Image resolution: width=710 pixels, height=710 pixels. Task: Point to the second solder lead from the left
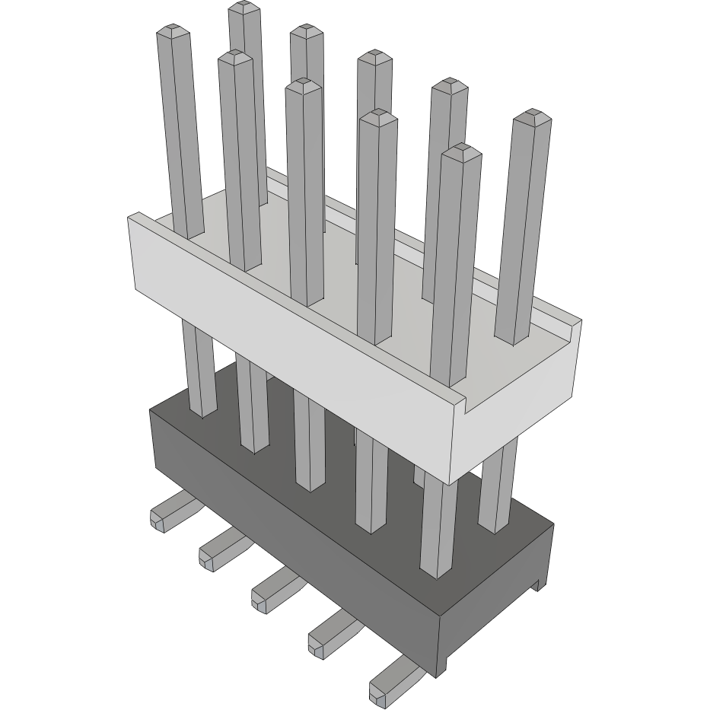tap(216, 551)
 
